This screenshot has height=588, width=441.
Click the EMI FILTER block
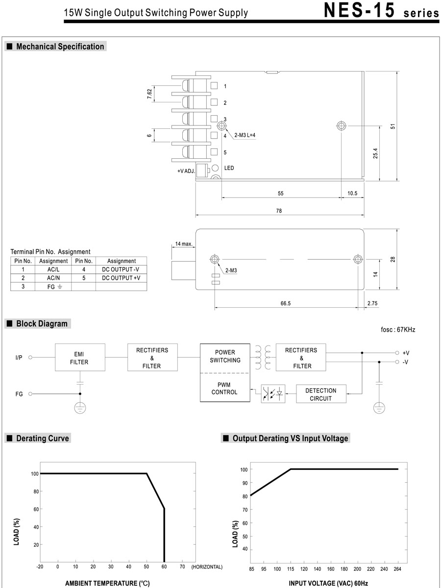(x=79, y=358)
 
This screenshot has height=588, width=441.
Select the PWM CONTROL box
(x=224, y=389)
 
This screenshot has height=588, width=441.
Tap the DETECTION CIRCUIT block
(x=321, y=394)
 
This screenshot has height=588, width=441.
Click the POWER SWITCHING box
(x=225, y=356)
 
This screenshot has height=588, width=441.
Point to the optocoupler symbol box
(x=273, y=393)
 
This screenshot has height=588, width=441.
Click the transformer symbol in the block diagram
(x=262, y=357)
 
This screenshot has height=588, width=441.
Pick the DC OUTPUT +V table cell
(x=121, y=278)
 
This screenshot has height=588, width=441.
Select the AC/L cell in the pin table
(x=53, y=269)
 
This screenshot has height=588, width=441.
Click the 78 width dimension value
(x=279, y=211)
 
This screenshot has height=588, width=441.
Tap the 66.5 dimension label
(x=286, y=304)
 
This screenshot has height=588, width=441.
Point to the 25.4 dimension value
(x=375, y=153)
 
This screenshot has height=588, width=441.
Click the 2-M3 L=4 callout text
(x=245, y=135)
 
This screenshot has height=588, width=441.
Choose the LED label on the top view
(x=229, y=168)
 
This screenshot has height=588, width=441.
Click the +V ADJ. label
(x=186, y=171)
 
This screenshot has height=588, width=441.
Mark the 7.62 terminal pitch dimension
(x=149, y=94)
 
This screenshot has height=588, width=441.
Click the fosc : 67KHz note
(x=397, y=330)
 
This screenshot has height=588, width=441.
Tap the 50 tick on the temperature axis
(x=147, y=567)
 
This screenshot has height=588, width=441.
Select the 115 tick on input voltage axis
(x=291, y=569)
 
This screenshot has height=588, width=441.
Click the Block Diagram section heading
(x=42, y=324)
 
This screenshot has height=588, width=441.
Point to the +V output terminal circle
(x=397, y=352)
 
